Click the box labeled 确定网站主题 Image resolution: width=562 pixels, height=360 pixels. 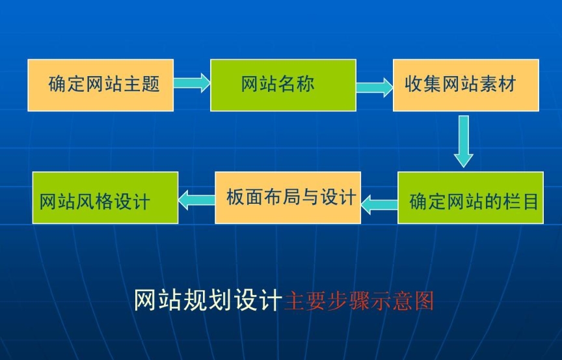100,85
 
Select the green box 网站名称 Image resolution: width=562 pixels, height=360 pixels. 283,85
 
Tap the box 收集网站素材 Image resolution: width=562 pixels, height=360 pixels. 466,85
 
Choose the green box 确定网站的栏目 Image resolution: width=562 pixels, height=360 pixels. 470,198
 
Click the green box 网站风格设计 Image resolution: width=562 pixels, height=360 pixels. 105,198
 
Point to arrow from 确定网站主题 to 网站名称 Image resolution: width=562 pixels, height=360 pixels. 192,83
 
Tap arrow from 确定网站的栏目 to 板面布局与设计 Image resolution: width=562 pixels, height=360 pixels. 379,204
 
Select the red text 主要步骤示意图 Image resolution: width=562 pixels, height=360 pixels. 359,301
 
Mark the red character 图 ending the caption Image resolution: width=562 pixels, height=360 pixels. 423,301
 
